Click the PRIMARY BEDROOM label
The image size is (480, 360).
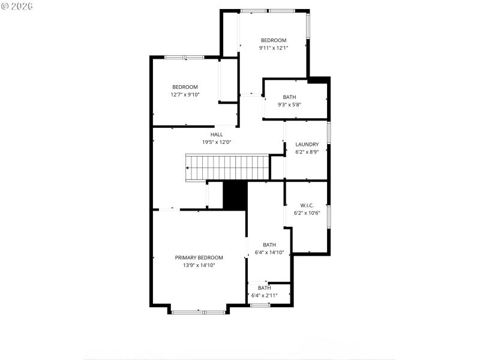coord(199,257)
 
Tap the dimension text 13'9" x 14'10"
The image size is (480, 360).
coord(199,265)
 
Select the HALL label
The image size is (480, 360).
coord(216,134)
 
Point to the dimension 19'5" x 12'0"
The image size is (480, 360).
coord(216,142)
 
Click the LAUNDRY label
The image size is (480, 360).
coord(307,144)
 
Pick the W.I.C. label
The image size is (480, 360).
coord(307,205)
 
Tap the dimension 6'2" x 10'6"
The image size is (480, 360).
coord(307,213)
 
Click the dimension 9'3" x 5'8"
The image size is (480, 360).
coord(289,104)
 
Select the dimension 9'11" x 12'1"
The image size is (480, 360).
coord(274,48)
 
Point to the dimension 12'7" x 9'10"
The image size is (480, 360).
coord(185,94)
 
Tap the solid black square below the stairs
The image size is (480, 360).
coord(235,195)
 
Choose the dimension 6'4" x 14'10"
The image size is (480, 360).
coord(269,252)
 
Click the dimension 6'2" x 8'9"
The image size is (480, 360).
coord(307,152)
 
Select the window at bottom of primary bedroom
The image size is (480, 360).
coord(197,312)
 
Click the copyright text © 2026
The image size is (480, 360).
coord(17,5)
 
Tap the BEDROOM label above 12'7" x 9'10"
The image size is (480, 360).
coord(185,87)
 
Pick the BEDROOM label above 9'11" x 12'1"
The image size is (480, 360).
coord(274,40)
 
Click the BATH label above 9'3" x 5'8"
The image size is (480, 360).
coord(289,97)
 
